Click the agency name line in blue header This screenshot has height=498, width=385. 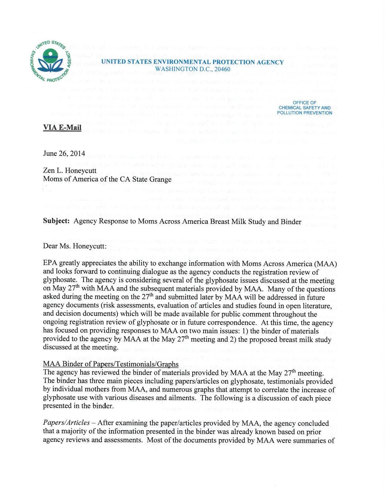click(192, 62)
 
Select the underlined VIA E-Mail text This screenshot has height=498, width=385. click(62, 127)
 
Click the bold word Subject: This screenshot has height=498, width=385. click(57, 222)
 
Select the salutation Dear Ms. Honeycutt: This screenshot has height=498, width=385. click(75, 246)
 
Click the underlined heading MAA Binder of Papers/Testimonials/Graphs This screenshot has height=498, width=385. click(111, 364)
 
